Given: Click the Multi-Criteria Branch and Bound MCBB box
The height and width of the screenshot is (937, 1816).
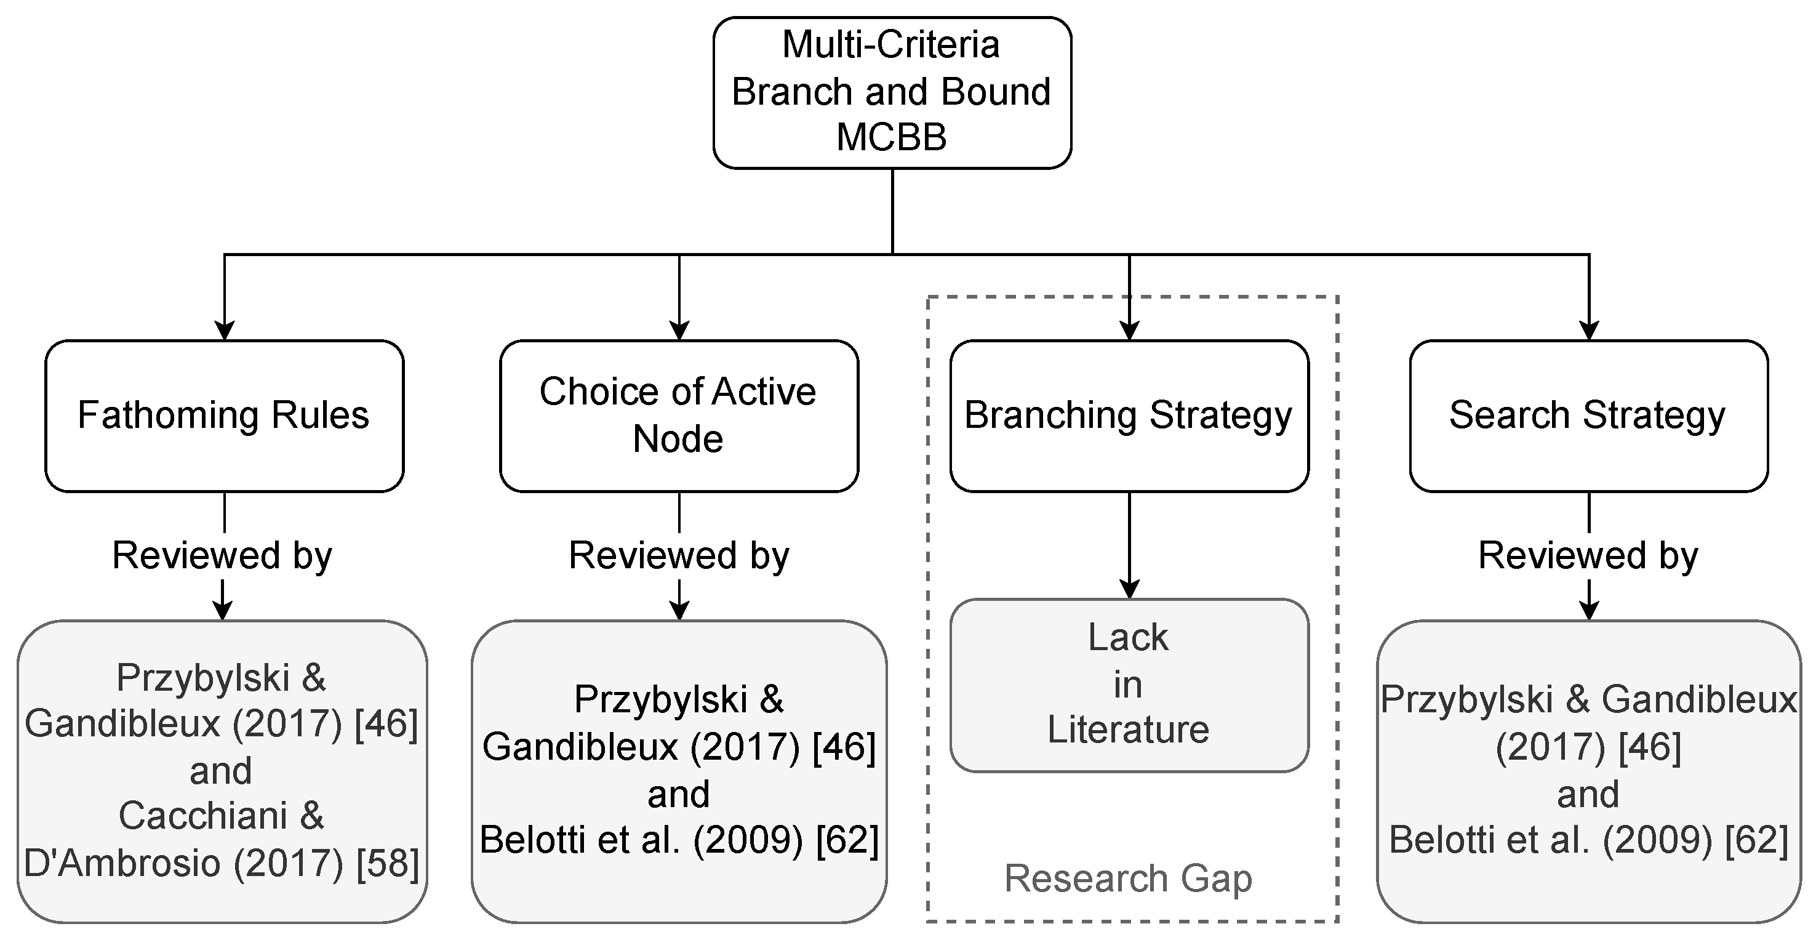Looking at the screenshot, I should [892, 92].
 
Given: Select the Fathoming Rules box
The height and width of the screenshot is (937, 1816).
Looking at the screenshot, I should [224, 416].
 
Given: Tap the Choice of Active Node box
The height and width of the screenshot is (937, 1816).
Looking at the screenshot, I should [678, 416].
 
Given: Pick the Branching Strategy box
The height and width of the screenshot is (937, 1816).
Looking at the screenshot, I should [1129, 416].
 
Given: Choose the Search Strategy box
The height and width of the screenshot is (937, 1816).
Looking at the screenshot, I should [1588, 416].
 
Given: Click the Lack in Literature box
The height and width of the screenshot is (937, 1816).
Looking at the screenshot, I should [1129, 685].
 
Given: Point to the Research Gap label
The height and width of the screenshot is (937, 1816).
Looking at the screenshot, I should [1128, 879].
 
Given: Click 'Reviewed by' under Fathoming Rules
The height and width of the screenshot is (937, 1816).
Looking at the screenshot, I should [222, 555].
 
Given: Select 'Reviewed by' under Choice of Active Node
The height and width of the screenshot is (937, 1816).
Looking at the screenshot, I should [678, 555].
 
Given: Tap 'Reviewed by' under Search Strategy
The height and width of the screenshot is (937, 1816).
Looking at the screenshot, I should [1588, 555].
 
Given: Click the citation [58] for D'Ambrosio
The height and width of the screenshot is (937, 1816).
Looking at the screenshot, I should [388, 863].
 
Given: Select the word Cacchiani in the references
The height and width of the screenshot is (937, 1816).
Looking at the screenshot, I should [202, 816].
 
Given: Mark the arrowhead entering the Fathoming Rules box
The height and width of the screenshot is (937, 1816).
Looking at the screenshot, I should [224, 331].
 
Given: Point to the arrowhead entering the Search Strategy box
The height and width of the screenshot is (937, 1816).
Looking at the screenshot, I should [1588, 331].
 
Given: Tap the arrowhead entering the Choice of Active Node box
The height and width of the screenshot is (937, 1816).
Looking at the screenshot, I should [679, 331].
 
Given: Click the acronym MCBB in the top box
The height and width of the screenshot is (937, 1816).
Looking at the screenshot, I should [891, 137].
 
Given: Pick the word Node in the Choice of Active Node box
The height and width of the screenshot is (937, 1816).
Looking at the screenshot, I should [678, 439].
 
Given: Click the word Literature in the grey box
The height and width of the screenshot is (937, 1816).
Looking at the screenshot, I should [1128, 729].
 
